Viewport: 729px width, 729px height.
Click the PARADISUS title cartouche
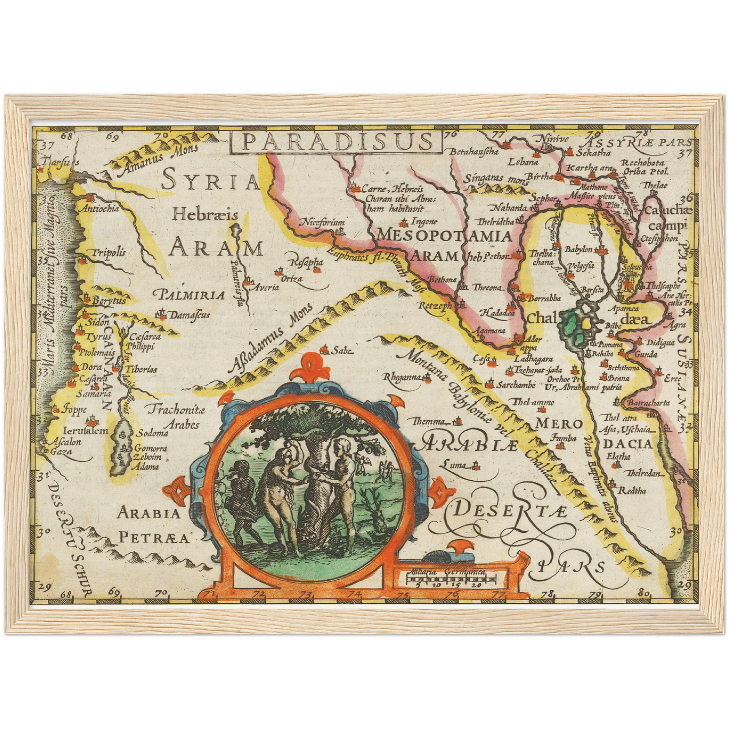[335, 142]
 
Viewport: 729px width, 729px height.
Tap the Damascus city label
[189, 315]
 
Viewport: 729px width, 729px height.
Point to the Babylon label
[578, 249]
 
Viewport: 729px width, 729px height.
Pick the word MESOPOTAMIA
[444, 236]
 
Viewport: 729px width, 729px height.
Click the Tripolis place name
[108, 253]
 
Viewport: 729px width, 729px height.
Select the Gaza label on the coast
[61, 452]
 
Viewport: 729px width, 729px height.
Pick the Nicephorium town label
[323, 222]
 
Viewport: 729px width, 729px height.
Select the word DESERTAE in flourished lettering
[510, 511]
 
